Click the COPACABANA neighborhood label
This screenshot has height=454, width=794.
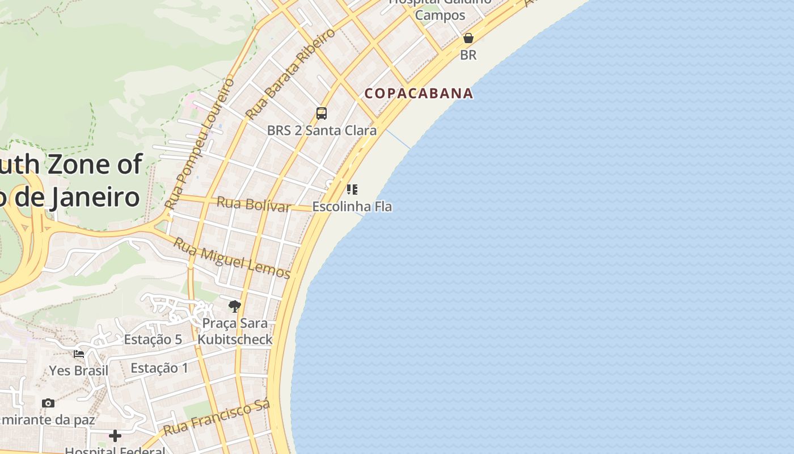pos(419,93)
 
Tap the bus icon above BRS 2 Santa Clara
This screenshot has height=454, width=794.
pos(322,113)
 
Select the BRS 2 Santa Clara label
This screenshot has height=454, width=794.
pos(322,131)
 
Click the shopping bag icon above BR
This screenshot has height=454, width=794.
pos(468,38)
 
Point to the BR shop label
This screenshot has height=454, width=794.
pos(468,55)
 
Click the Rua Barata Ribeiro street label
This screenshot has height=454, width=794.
pos(290,74)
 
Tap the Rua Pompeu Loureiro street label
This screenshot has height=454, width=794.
pos(199,143)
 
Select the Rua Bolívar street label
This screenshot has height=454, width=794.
pos(254,204)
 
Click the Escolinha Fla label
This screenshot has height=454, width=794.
pos(352,207)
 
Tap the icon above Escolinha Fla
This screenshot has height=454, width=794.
pos(352,189)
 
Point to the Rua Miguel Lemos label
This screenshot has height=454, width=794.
pos(231,258)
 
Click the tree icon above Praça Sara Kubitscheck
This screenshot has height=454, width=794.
pos(234,306)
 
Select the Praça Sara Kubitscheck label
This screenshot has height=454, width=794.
pos(235,331)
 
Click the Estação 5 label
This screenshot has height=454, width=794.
pos(153,339)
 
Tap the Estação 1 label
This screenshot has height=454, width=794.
pos(159,368)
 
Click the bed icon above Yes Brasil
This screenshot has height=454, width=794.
pos(79,354)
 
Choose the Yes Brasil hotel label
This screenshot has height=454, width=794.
pos(79,371)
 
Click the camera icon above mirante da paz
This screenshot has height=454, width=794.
pos(48,403)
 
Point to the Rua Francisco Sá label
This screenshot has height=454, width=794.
pos(217,418)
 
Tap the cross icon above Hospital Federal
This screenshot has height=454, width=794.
pos(115,436)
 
